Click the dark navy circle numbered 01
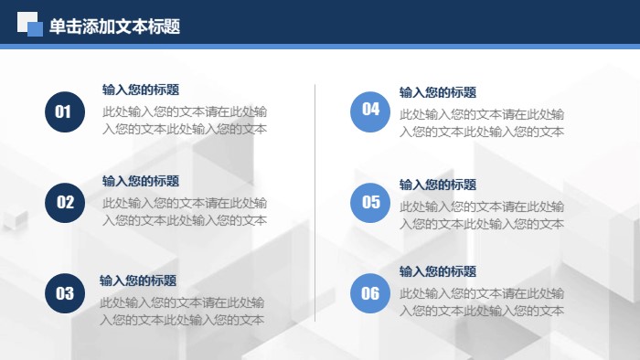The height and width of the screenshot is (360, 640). pos(64,111)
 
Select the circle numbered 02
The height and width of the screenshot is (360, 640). pos(65,203)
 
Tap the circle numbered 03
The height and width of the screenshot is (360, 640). pos(64,292)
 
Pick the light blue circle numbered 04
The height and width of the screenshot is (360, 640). pos(370,111)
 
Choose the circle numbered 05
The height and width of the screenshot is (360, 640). pos(370,203)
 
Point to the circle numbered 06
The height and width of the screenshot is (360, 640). pos(370,292)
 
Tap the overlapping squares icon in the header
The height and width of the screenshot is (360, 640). pos(30,25)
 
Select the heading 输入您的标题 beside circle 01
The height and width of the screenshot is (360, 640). pos(140,90)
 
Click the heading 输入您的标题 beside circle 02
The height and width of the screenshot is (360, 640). pos(140,181)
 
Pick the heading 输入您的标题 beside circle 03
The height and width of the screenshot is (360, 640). pos(137,281)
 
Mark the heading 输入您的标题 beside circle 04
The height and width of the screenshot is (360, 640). pos(437,92)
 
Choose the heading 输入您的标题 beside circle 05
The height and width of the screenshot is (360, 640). pos(437,185)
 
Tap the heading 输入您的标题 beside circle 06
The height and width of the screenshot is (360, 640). pos(437,271)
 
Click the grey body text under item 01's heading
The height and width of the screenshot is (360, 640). pos(185,121)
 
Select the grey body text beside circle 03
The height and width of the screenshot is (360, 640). pos(182,312)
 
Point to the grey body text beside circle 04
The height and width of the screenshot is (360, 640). pos(482,123)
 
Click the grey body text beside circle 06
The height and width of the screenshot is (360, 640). pos(482,302)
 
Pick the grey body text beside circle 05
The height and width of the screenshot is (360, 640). pos(482,215)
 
